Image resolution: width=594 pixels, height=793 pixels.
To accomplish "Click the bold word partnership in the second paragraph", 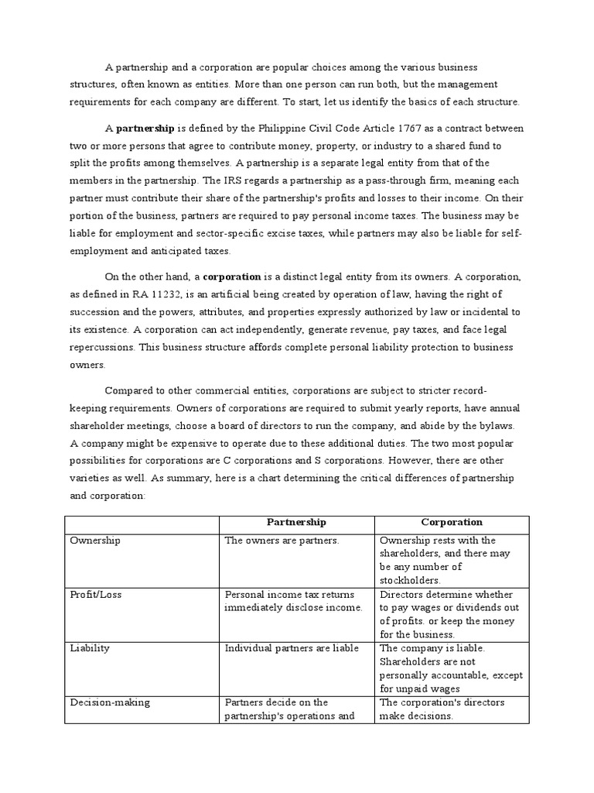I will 145,129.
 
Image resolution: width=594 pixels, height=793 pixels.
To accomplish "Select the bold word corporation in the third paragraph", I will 231,276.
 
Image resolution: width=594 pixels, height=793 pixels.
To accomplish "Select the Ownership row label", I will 96,541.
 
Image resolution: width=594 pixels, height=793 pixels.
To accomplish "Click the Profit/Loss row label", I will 96,595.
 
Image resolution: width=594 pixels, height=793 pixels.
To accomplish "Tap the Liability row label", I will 90,648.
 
